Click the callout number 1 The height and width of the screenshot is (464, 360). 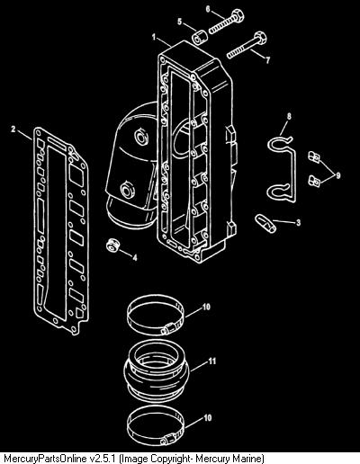(154, 37)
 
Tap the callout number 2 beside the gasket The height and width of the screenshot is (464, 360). (13, 129)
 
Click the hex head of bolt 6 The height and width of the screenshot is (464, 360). (238, 14)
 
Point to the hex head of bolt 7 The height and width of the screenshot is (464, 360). (260, 38)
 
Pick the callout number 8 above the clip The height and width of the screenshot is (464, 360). (289, 116)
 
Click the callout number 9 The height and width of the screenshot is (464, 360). (338, 175)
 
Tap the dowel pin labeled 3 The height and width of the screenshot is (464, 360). (265, 223)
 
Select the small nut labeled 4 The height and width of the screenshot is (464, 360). (113, 245)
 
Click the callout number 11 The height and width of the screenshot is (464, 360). (212, 361)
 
